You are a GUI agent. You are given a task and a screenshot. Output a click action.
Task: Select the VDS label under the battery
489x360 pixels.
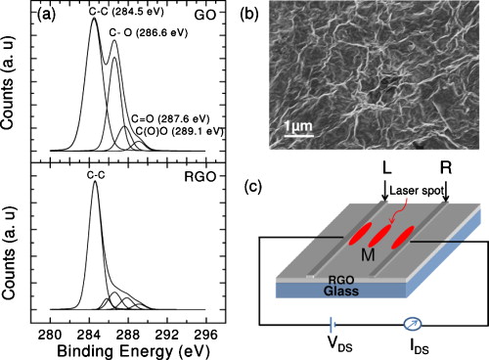pyautogui.click(x=334, y=344)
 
